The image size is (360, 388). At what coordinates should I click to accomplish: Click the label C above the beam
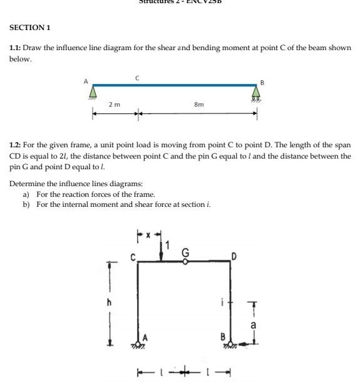[x=137, y=78]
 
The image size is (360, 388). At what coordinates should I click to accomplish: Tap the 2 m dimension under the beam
[x=115, y=104]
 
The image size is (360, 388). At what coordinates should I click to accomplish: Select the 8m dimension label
[x=199, y=104]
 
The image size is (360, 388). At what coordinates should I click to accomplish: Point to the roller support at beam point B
[x=256, y=93]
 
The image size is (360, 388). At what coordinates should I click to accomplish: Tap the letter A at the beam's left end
[x=86, y=81]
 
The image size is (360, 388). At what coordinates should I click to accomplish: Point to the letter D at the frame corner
[x=235, y=256]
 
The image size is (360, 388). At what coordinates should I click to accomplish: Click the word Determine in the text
[x=26, y=184]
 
